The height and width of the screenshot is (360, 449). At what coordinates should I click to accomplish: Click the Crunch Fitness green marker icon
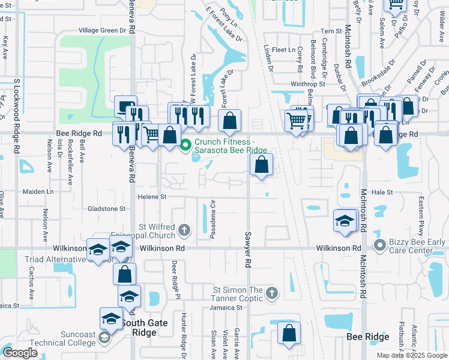[x=185, y=145]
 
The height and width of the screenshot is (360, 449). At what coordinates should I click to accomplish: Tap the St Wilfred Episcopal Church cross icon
[x=185, y=229]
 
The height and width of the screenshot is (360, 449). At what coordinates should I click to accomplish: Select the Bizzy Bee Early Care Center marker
[x=379, y=244]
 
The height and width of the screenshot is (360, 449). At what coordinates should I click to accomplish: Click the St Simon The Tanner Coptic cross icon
[x=272, y=293]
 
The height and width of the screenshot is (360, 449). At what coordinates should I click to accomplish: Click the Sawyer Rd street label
[x=246, y=248]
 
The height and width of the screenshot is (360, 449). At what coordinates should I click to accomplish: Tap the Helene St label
[x=152, y=196]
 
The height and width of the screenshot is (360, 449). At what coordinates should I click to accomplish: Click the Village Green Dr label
[x=103, y=30]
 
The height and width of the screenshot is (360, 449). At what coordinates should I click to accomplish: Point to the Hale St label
[x=381, y=193]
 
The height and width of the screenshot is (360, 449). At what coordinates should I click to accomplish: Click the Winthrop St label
[x=307, y=84]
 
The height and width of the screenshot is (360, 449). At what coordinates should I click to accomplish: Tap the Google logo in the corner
[x=20, y=353]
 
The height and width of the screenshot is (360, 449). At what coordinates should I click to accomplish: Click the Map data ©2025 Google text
[x=412, y=355]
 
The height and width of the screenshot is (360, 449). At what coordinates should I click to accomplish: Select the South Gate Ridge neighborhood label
[x=139, y=327]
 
